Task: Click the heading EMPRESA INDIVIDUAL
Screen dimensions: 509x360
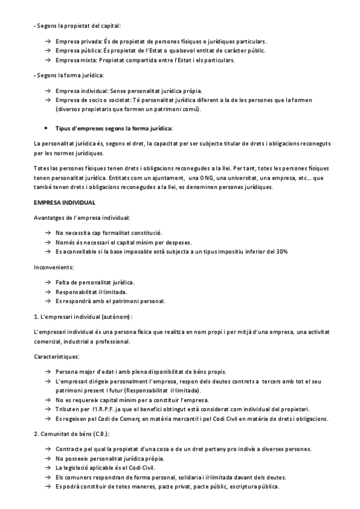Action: pyautogui.click(x=61, y=203)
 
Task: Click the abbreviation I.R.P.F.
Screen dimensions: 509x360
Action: pyautogui.click(x=110, y=409)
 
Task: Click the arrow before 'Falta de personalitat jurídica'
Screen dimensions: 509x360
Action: pyautogui.click(x=47, y=282)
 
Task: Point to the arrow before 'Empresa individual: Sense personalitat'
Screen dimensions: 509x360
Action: pyautogui.click(x=47, y=90)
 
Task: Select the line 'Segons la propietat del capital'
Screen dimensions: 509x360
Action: pyautogui.click(x=77, y=26)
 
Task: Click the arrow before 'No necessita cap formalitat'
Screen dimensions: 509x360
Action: pyautogui.click(x=47, y=232)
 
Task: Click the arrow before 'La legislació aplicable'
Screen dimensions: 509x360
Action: pyautogui.click(x=47, y=467)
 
